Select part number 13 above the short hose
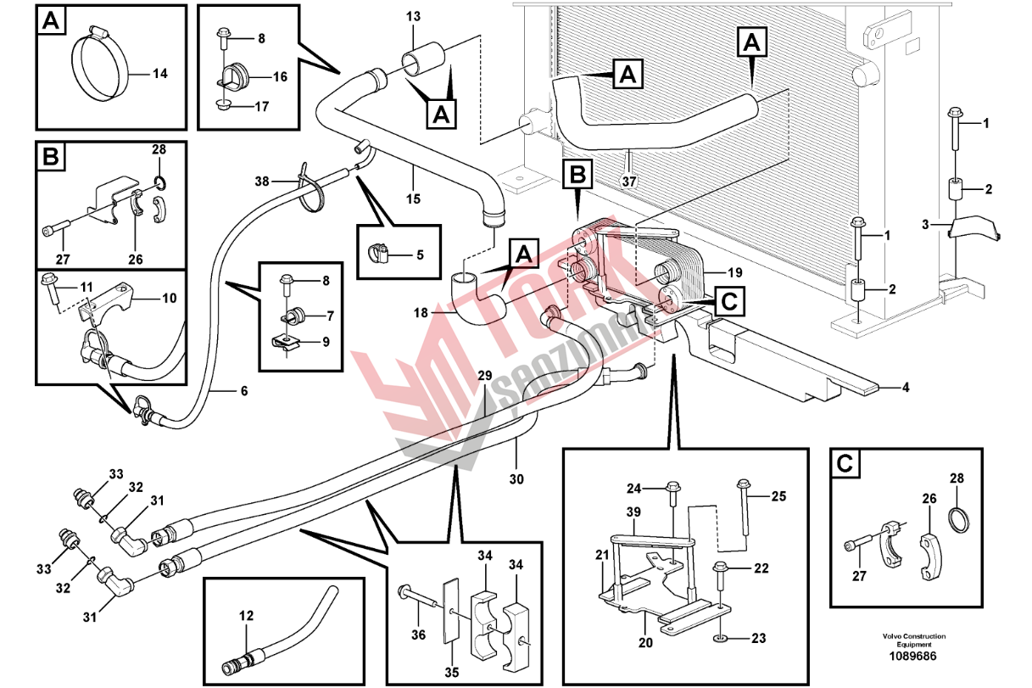(413, 17)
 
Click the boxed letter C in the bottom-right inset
(845, 463)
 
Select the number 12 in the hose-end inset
(246, 616)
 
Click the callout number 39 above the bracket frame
(633, 512)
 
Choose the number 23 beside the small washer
(758, 637)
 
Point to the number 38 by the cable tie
(262, 181)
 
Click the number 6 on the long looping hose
(243, 391)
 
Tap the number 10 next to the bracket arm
(169, 298)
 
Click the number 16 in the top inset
(280, 76)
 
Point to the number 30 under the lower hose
(516, 479)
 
